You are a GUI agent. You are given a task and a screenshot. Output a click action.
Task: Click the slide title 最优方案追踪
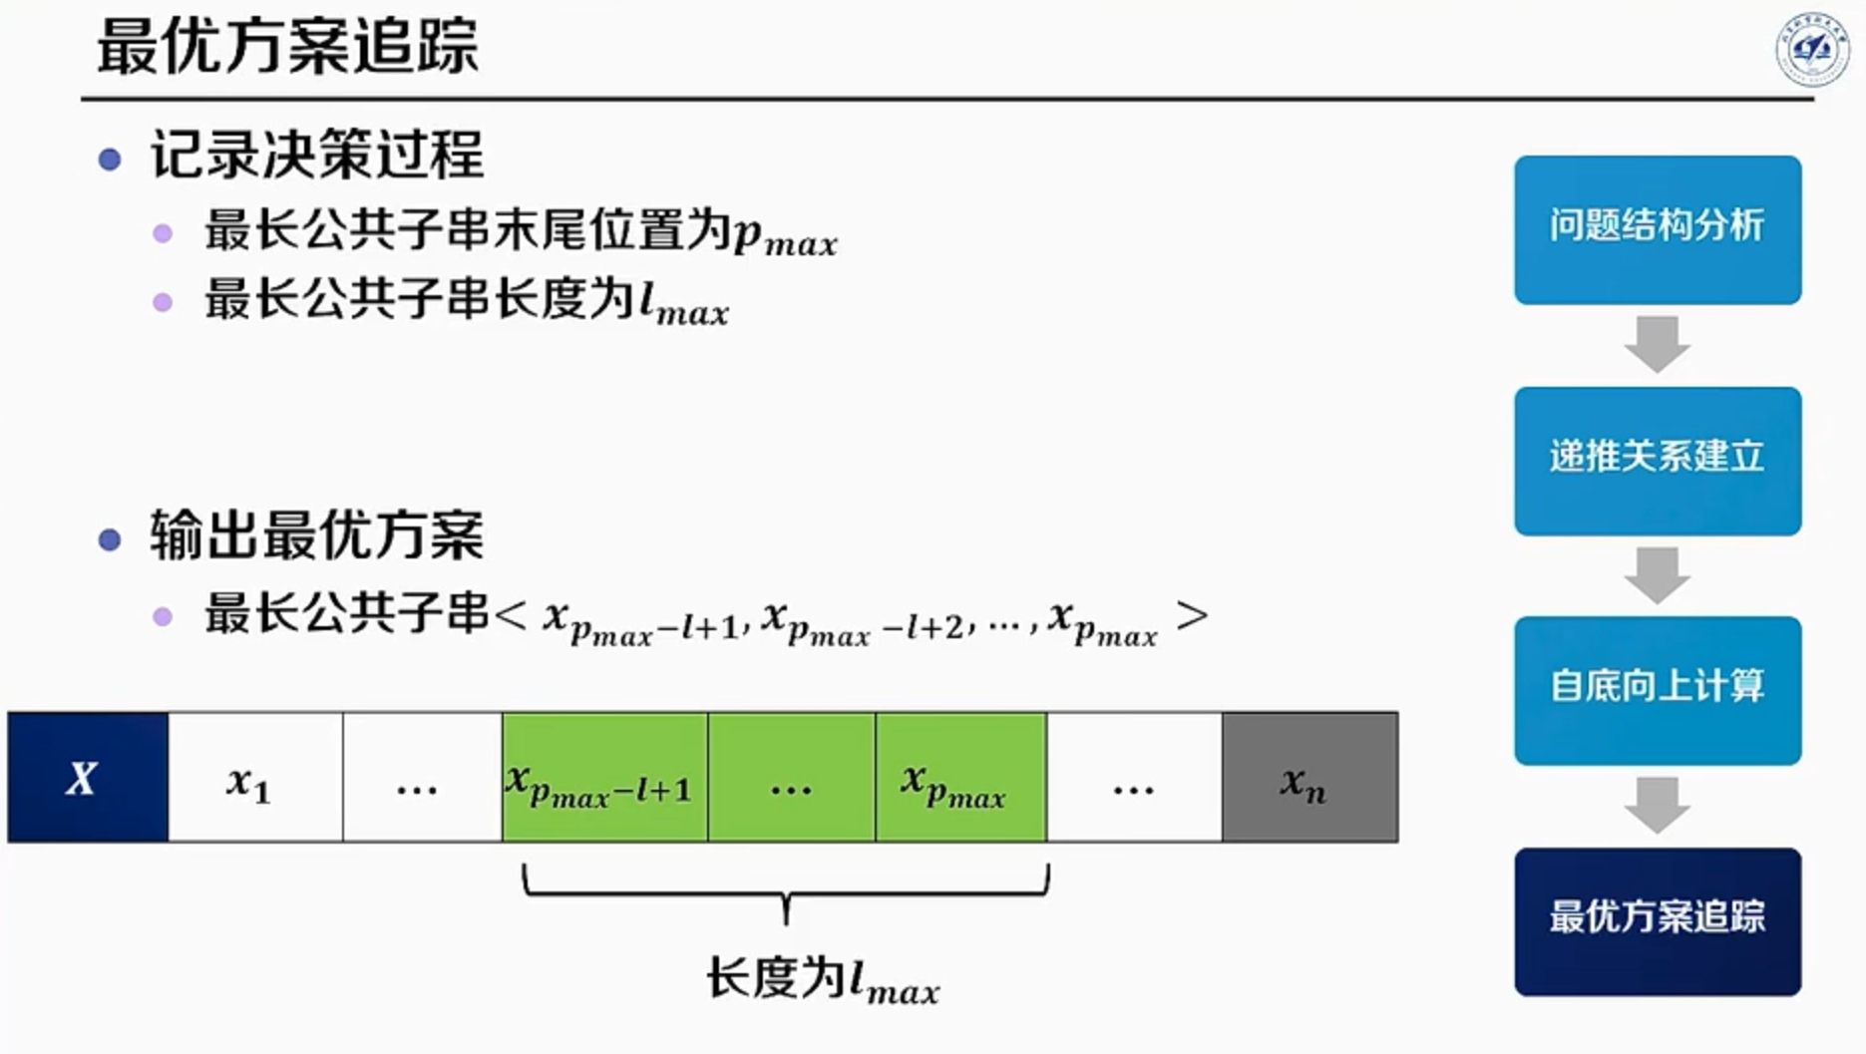287,47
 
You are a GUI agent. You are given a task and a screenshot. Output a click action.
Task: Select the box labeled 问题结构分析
1657,229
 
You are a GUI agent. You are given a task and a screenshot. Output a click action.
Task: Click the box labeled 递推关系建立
1657,461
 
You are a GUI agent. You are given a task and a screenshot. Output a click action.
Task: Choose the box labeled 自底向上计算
1657,690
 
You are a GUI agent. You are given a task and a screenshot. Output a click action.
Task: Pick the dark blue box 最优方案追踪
1657,921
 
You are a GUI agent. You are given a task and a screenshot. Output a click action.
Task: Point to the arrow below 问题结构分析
1657,344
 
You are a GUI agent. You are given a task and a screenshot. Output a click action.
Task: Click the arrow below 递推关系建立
1657,575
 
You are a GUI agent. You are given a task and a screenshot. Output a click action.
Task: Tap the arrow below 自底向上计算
1657,805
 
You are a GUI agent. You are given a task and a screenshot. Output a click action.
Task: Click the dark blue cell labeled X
88,777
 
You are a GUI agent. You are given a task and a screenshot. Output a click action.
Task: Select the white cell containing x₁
255,777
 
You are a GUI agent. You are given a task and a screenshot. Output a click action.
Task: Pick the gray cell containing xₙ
1309,777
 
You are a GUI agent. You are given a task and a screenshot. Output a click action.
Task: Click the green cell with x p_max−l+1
604,777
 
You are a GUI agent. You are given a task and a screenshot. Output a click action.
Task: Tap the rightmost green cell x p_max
960,777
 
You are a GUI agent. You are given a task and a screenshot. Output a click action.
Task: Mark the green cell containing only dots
791,777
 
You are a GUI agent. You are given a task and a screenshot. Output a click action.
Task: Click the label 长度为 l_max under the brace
823,980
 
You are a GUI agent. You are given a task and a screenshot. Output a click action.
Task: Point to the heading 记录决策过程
317,156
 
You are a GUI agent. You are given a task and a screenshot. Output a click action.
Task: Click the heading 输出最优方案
317,535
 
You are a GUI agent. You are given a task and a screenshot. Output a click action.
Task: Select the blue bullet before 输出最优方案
110,539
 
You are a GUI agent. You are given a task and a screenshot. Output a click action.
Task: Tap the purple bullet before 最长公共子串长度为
163,302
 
